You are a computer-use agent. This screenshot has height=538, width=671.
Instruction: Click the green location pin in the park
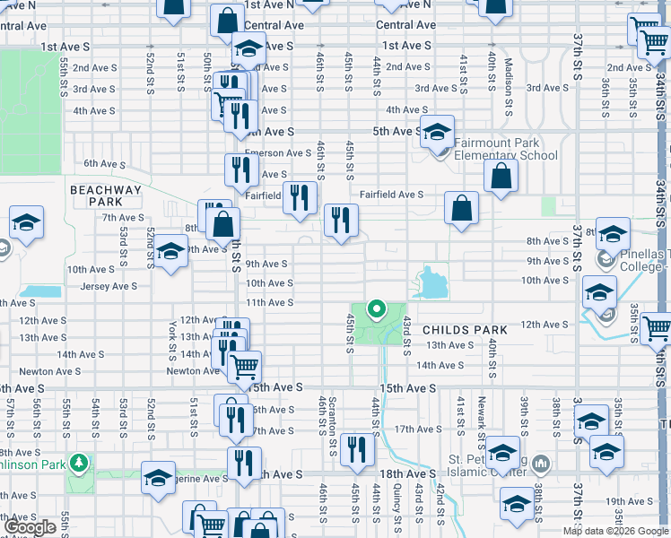377,311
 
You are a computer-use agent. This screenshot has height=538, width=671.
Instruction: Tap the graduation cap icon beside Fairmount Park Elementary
437,133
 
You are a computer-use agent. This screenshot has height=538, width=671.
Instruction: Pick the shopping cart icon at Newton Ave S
243,366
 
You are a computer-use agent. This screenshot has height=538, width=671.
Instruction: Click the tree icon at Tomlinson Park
81,463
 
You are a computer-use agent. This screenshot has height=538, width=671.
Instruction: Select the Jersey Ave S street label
109,287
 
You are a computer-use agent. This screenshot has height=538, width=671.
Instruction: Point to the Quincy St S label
396,505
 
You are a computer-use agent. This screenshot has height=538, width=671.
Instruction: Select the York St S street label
172,338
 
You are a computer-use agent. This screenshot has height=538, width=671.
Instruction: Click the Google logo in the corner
31,527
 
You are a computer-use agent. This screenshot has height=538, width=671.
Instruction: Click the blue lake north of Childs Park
431,283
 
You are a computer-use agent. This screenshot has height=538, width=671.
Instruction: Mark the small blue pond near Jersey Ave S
38,291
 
